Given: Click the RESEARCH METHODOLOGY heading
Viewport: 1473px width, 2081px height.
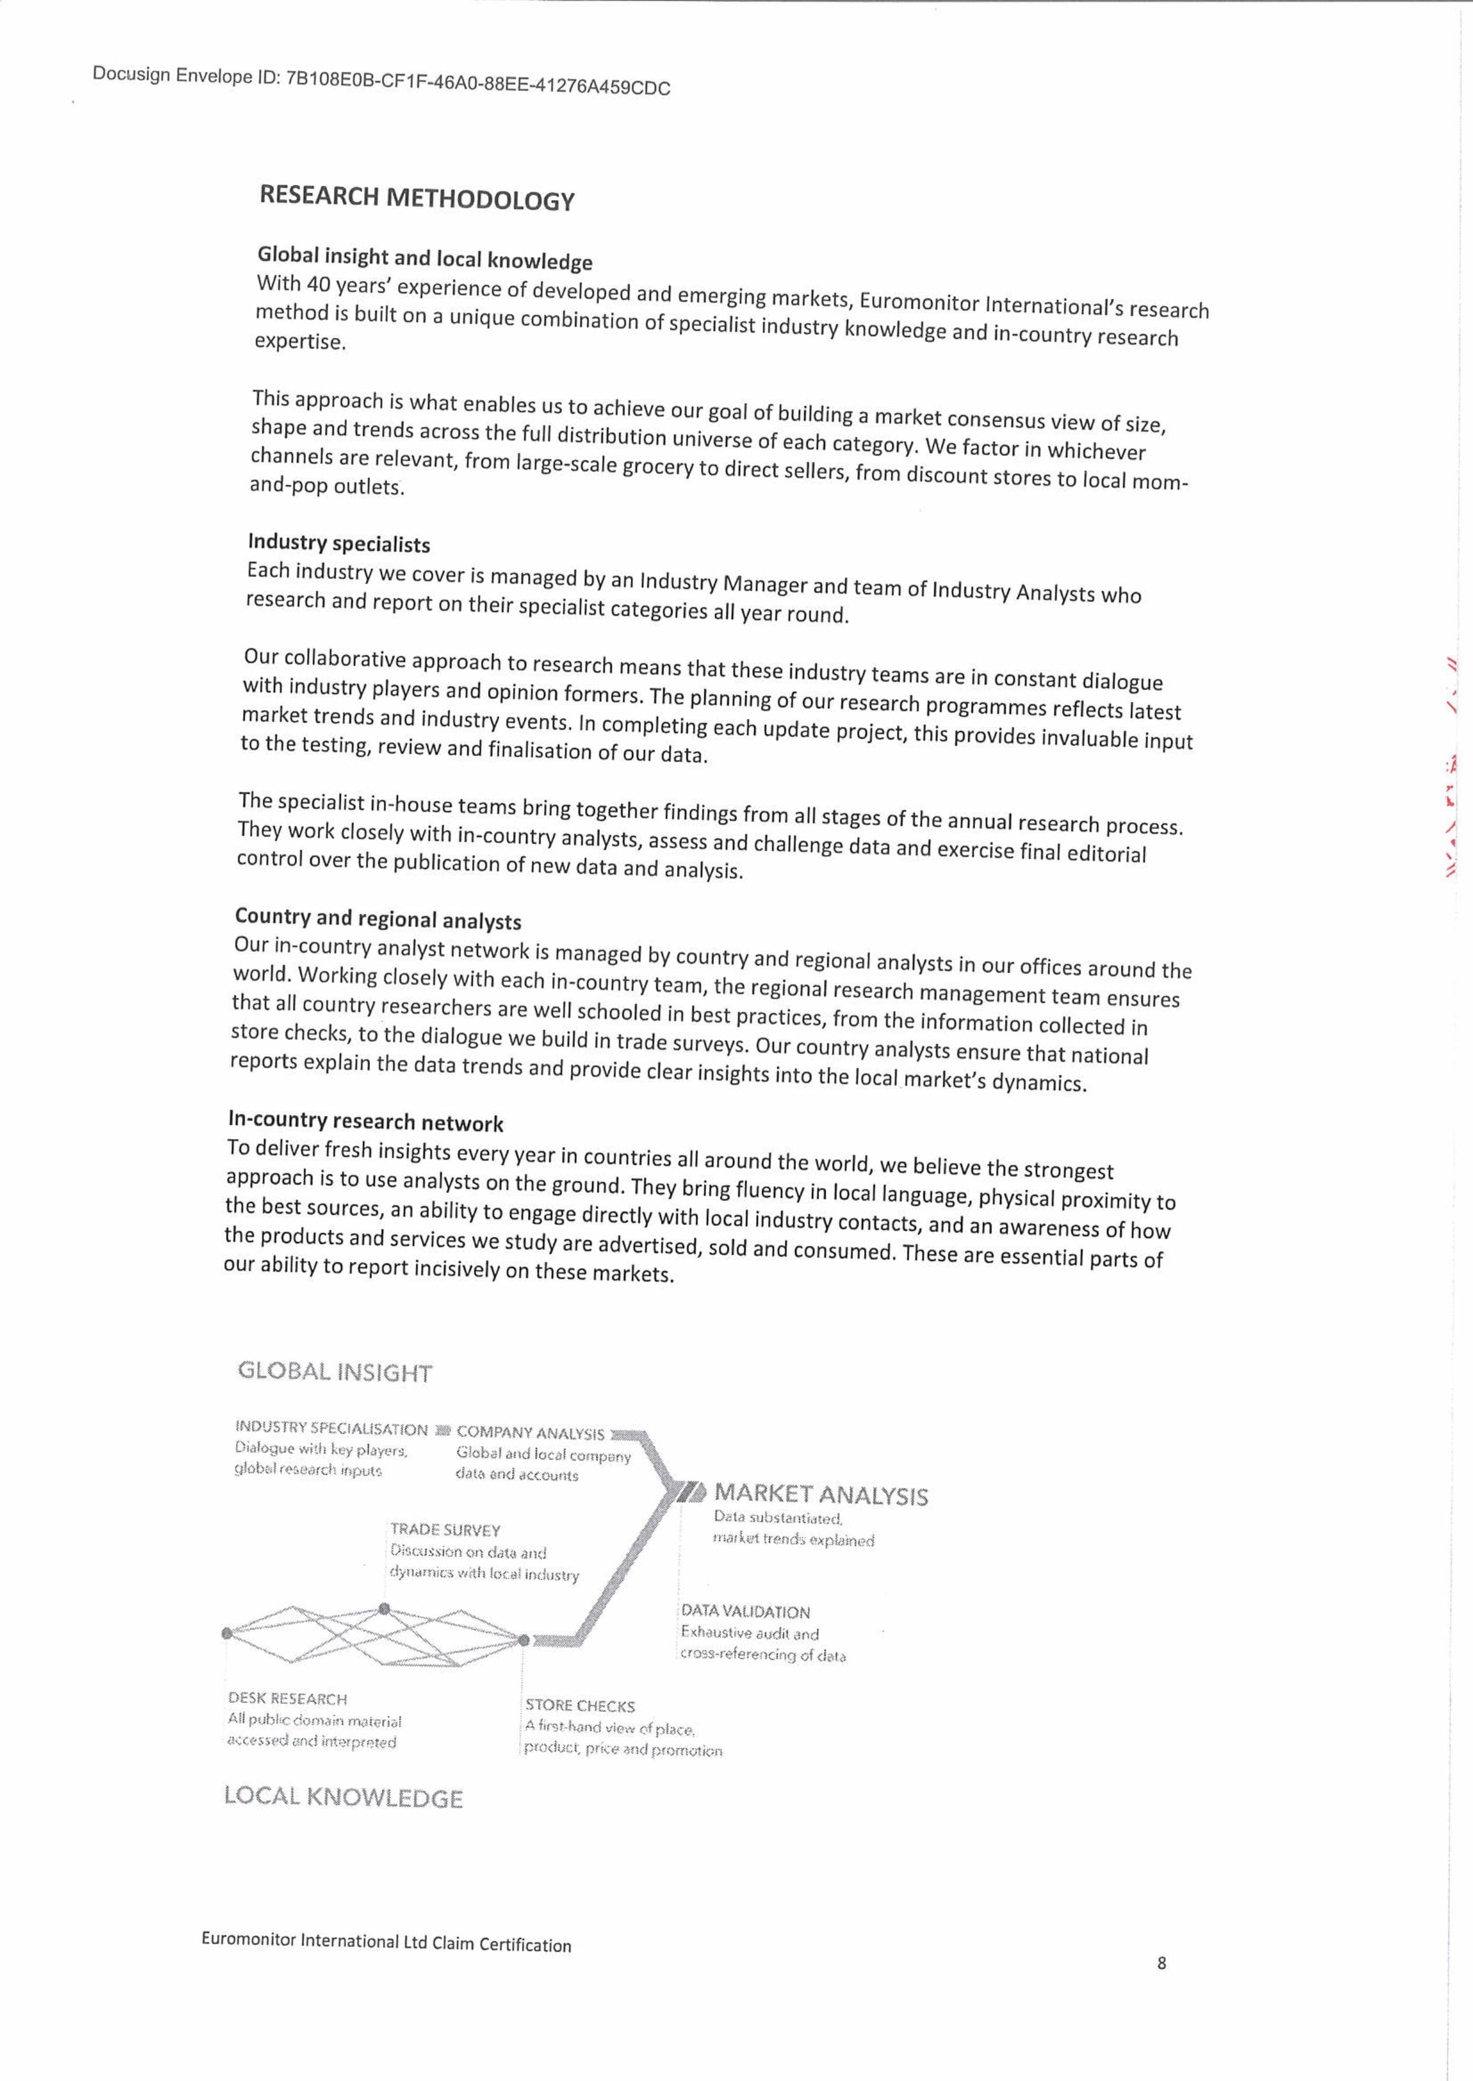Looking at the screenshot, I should (x=416, y=198).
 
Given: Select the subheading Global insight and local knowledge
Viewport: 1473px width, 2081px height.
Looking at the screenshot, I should (x=425, y=258).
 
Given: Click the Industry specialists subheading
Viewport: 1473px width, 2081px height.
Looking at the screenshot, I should (x=339, y=543).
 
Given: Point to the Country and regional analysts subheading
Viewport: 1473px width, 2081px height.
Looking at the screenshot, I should (x=377, y=918).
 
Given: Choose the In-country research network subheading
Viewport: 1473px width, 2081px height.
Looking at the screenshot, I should (x=365, y=1122).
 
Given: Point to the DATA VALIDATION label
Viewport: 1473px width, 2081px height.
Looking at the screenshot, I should (x=745, y=1611).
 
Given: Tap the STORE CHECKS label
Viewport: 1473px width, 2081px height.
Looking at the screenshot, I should (x=580, y=1706).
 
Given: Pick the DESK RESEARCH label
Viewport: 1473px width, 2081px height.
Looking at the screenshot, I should (x=287, y=1699).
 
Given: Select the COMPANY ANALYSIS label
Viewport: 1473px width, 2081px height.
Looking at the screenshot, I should (x=530, y=1433).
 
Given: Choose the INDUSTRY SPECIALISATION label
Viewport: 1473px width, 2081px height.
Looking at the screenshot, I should (x=330, y=1430).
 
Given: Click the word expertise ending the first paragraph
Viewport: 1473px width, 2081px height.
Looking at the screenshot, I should (x=299, y=342).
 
